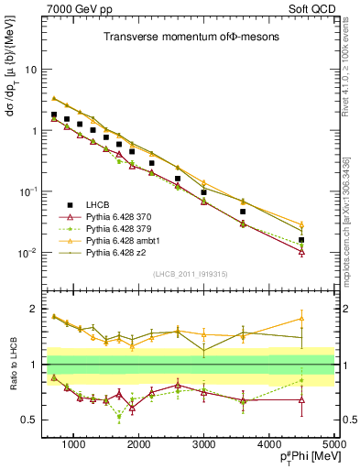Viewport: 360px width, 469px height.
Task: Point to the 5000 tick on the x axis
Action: (331, 443)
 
